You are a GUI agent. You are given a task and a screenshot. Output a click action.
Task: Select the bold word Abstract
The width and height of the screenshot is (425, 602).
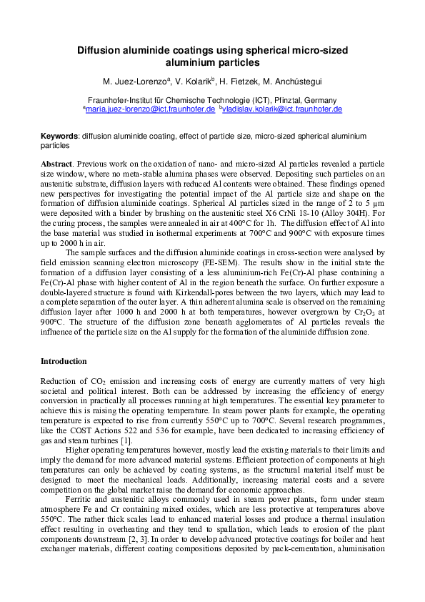click(x=56, y=164)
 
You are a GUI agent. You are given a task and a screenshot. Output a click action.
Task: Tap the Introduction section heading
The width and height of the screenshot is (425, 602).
click(x=64, y=361)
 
